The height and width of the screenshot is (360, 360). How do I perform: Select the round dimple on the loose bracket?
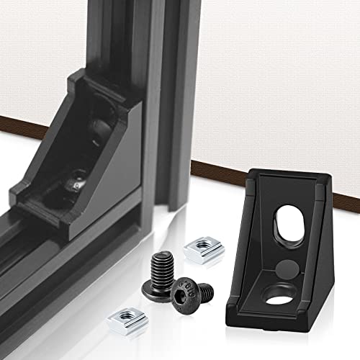point(283,265)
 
